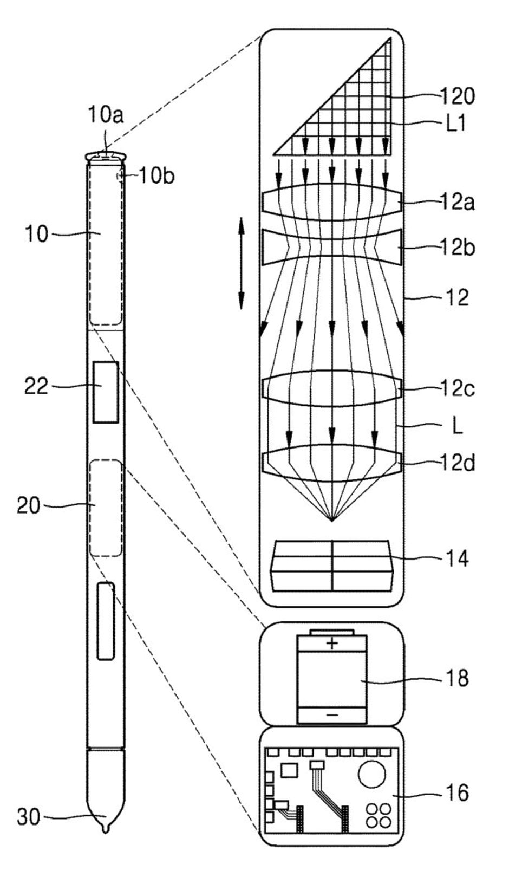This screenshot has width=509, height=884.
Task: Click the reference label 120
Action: tap(457, 96)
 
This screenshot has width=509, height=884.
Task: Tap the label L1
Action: tap(456, 125)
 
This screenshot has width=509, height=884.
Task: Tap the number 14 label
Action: tap(456, 558)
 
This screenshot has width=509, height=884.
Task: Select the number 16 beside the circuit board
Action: tap(456, 792)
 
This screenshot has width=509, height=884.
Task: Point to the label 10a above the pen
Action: tap(106, 115)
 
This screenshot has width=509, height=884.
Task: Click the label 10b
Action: tap(156, 175)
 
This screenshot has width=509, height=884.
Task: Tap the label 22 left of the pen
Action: tap(36, 386)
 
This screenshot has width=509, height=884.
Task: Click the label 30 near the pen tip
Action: tap(29, 817)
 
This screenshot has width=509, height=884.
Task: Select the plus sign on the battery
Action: tap(332, 643)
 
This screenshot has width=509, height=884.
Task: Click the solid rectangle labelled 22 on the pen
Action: tap(106, 392)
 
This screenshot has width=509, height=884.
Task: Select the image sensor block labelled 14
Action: tap(332, 565)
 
